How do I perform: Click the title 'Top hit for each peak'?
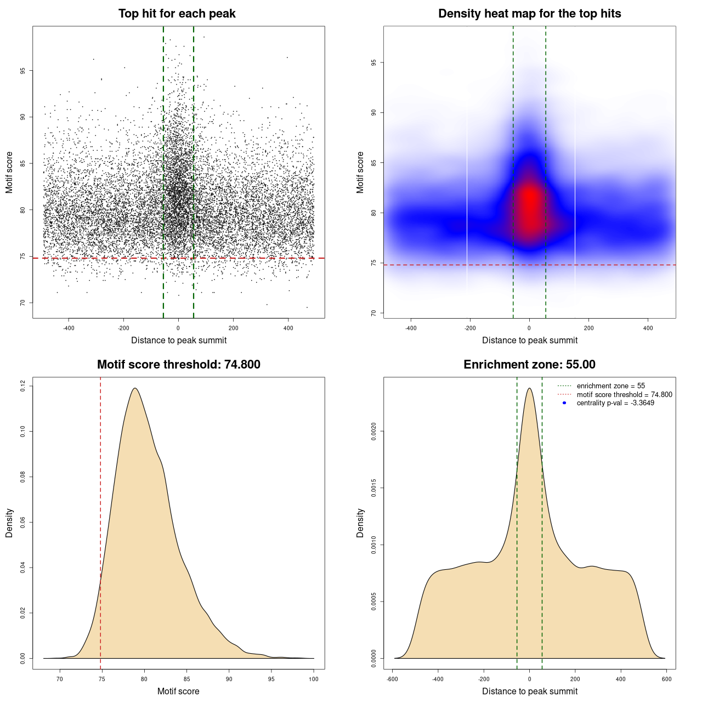(x=177, y=14)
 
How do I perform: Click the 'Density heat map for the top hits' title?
(x=529, y=14)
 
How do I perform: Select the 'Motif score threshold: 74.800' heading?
(x=178, y=365)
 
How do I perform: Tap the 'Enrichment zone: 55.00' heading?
(x=529, y=365)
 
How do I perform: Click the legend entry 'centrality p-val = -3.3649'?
(x=615, y=403)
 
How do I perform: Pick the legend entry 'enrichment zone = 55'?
(x=610, y=386)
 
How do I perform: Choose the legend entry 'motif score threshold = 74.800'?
(x=624, y=395)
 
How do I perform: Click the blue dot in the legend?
(x=564, y=403)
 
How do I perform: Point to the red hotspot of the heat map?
(x=530, y=203)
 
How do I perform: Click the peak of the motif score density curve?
(x=134, y=388)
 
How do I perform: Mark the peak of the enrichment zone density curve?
(x=529, y=388)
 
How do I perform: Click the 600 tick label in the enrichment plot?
(x=666, y=679)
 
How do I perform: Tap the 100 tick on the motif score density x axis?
(x=314, y=679)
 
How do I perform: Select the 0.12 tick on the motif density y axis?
(x=22, y=386)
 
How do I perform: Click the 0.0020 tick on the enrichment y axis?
(x=373, y=432)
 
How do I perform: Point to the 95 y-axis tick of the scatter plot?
(x=22, y=71)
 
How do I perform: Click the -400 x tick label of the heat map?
(x=411, y=328)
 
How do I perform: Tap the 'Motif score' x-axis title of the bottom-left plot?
(x=178, y=691)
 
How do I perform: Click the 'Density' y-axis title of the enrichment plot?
(x=360, y=523)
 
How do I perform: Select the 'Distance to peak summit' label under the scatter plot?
(x=179, y=340)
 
